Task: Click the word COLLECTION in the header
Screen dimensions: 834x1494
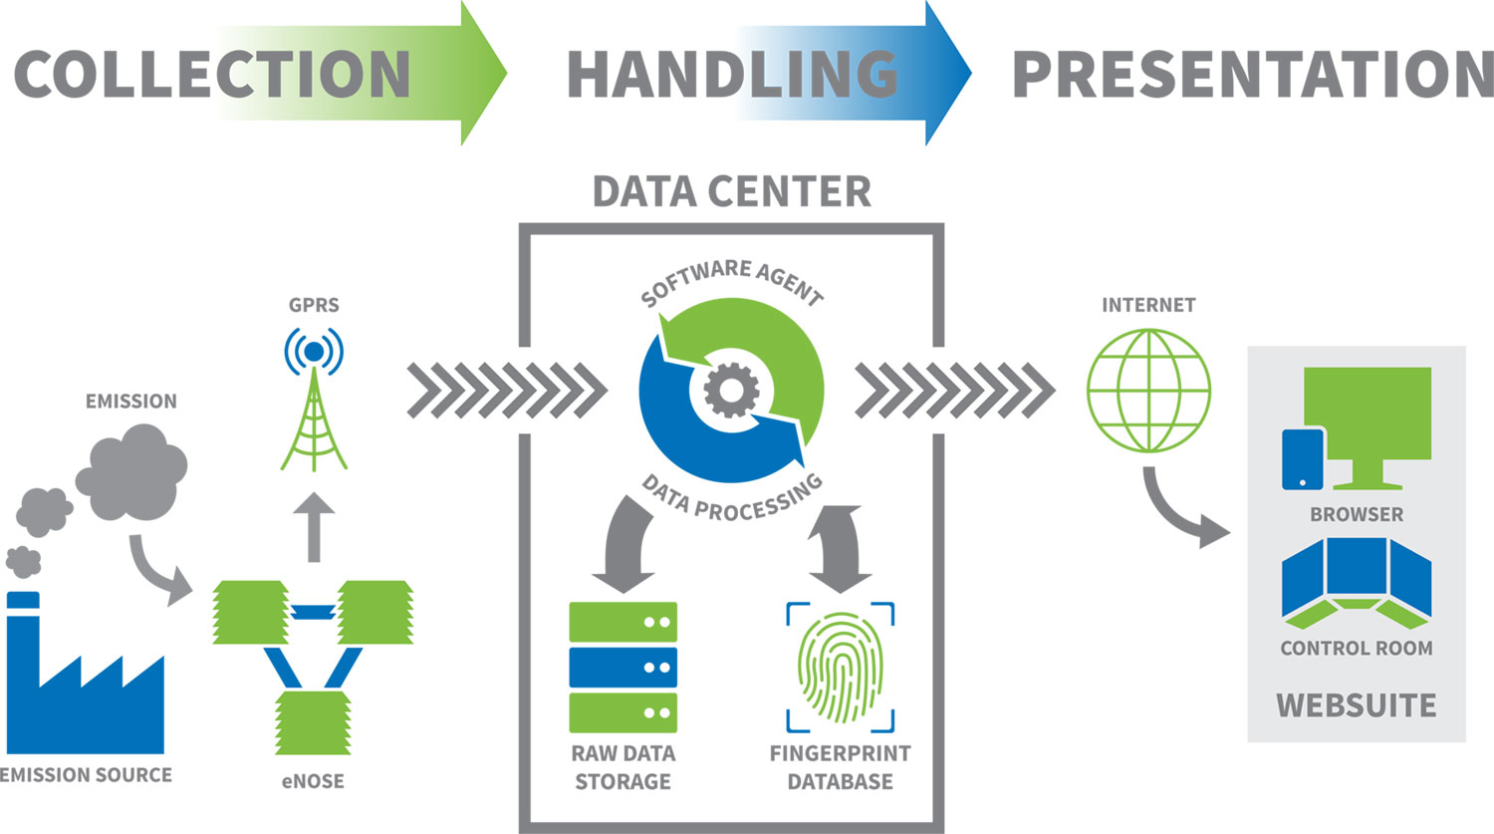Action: point(212,74)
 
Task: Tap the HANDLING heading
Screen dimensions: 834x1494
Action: point(732,74)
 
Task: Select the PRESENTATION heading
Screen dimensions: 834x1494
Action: point(1252,74)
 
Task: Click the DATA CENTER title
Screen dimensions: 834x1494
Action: point(732,191)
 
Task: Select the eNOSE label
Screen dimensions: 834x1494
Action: point(313,781)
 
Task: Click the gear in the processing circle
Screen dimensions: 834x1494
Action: point(731,390)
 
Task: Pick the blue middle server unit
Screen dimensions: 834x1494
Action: point(622,667)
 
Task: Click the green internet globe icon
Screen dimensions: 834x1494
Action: point(1148,391)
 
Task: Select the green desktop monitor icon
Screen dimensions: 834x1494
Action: point(1368,418)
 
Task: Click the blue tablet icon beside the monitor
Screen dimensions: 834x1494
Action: point(1303,459)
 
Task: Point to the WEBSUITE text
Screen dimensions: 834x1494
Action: point(1356,705)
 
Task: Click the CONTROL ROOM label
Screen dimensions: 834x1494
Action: point(1356,648)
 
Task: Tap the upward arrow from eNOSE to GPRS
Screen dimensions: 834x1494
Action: point(314,525)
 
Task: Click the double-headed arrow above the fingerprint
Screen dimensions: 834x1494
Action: point(840,547)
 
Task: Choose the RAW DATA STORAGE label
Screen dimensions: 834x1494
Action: point(622,767)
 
